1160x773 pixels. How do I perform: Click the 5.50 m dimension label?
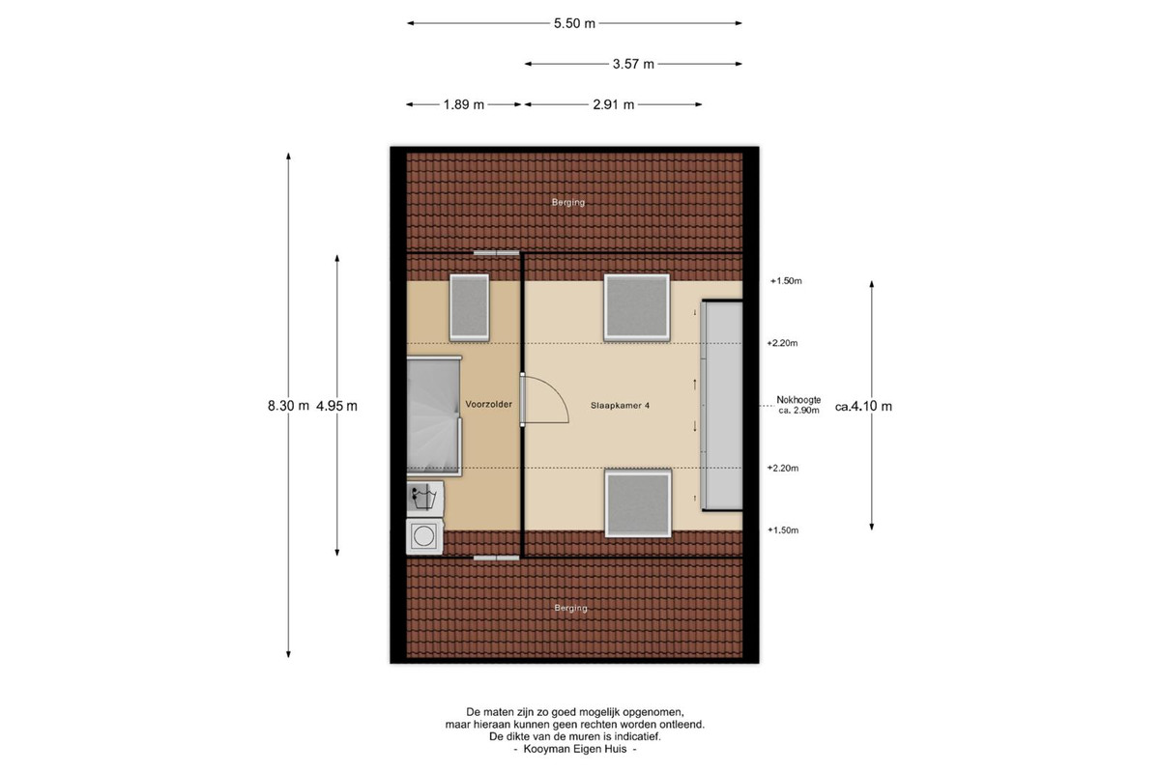[574, 23]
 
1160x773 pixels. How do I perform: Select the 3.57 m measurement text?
[633, 64]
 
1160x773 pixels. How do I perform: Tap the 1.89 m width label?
[463, 104]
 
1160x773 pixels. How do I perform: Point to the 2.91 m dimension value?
[614, 104]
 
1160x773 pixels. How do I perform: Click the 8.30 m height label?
[288, 406]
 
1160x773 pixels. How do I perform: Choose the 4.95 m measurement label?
[336, 406]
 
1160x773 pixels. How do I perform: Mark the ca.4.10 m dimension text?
[863, 407]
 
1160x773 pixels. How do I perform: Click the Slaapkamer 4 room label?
[620, 406]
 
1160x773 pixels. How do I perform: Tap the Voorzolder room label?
[488, 404]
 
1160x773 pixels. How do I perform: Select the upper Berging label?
[568, 202]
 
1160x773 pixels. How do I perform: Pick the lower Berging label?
[570, 608]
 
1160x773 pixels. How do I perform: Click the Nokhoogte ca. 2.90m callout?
[798, 405]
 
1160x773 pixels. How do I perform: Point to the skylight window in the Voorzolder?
[469, 307]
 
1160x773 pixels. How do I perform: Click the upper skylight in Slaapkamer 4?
[636, 307]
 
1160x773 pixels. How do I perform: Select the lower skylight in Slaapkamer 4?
[639, 503]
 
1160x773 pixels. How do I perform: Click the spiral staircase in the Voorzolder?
[434, 415]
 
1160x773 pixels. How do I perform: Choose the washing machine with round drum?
[424, 536]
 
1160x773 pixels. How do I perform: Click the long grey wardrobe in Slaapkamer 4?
[722, 406]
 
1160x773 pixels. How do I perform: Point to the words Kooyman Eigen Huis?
[575, 749]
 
